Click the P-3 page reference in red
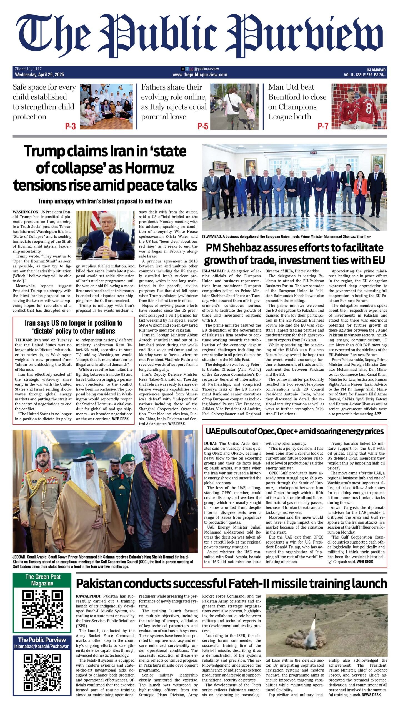[70, 126]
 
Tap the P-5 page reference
[203, 126]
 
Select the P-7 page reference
[323, 126]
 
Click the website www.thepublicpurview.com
[200, 75]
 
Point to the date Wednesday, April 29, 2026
[39, 75]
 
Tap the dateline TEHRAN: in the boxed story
[23, 340]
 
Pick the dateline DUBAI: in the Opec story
[211, 444]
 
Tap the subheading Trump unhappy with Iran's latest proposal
[105, 201]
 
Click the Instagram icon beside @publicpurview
[192, 69]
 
